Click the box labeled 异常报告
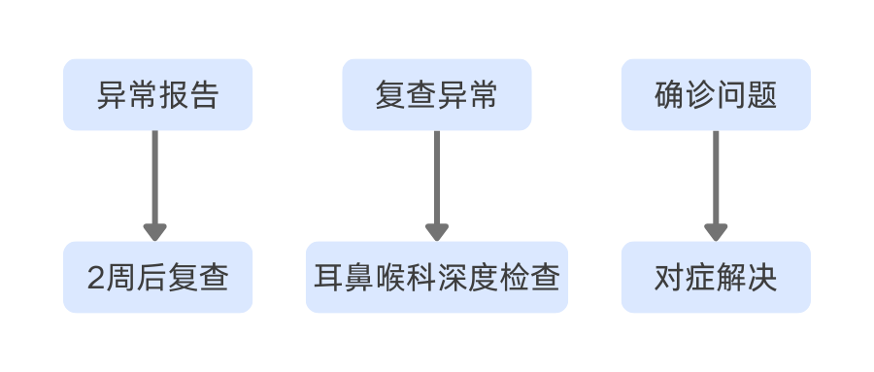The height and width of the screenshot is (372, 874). [x=157, y=94]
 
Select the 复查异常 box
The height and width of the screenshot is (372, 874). [x=436, y=94]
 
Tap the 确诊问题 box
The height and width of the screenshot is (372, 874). [x=716, y=94]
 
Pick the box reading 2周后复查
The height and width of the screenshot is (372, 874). [x=157, y=278]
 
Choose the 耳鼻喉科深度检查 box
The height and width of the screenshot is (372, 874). [x=436, y=278]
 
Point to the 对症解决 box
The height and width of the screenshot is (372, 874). [x=716, y=278]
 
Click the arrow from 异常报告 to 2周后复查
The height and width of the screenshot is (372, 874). [x=154, y=180]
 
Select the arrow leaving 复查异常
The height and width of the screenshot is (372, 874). [x=436, y=180]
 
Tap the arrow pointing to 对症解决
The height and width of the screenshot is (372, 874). [x=716, y=180]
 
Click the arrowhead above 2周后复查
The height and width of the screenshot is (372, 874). [x=154, y=232]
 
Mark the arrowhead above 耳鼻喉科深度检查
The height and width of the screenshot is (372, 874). [x=436, y=232]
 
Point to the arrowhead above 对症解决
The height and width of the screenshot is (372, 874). [x=716, y=232]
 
